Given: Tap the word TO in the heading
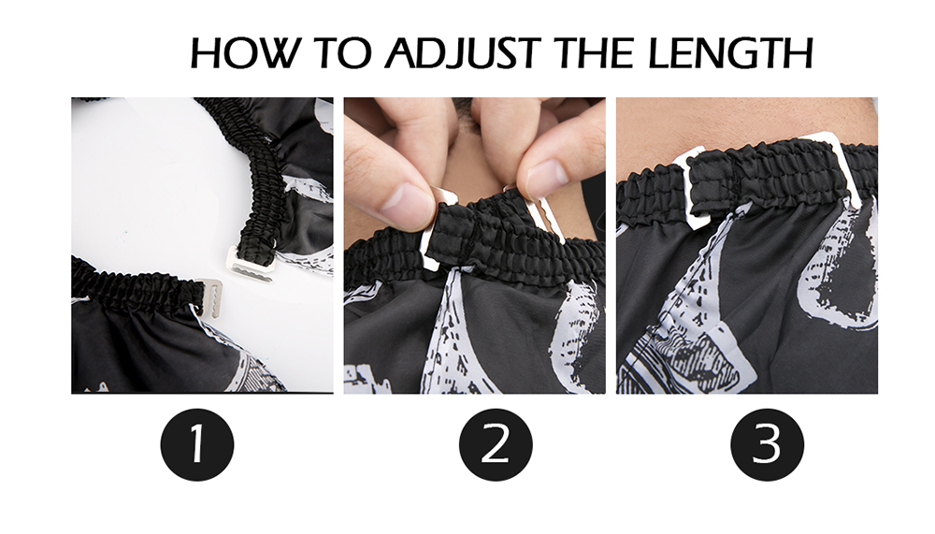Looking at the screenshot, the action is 341,52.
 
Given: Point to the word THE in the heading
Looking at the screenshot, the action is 594,52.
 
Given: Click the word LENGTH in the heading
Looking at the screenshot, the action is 730,52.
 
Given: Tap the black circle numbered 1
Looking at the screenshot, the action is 196,444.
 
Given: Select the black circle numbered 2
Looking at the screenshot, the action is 496,444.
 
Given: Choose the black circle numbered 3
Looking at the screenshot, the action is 768,444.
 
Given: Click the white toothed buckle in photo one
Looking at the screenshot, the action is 251,263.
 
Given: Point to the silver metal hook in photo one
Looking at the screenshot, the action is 211,296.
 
